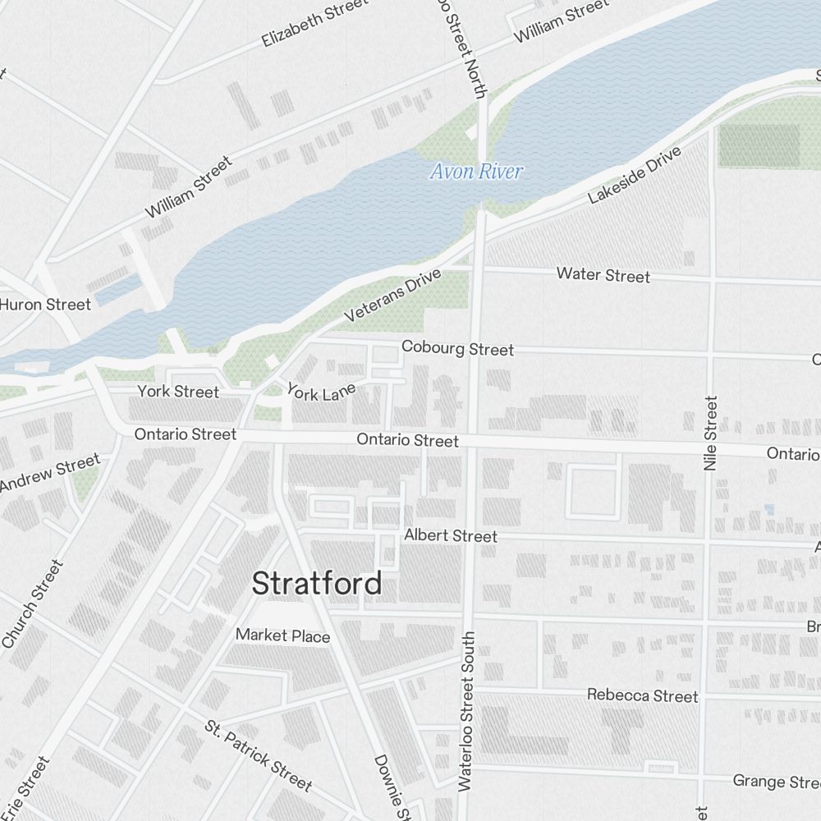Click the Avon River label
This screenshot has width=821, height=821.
tap(476, 172)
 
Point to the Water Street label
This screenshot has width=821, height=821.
tap(603, 275)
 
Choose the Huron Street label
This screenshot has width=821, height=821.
tap(45, 305)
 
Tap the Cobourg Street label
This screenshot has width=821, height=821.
tap(457, 349)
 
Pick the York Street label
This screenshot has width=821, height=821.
tap(178, 392)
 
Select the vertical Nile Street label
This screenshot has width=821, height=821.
tap(710, 433)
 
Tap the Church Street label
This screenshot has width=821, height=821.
tap(33, 603)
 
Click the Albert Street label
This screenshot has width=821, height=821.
tap(450, 536)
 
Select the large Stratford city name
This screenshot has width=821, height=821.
tap(316, 584)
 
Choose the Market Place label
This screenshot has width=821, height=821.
tap(282, 635)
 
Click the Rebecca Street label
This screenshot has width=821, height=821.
tap(642, 696)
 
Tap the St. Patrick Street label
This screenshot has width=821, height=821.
tap(258, 756)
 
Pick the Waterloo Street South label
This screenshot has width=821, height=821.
tap(466, 711)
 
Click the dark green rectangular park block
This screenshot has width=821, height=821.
tap(759, 145)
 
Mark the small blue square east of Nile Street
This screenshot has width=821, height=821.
tap(769, 509)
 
